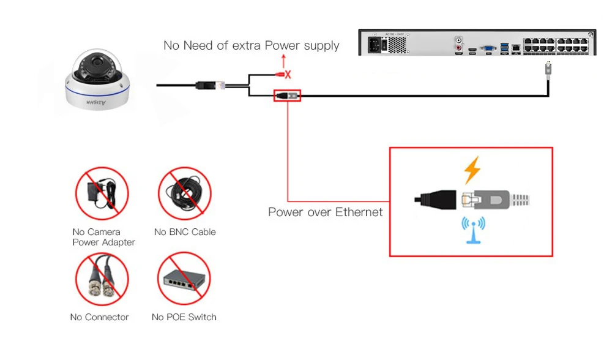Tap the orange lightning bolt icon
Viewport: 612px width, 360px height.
472,170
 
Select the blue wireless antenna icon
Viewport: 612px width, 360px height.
474,230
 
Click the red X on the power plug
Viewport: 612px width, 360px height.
288,74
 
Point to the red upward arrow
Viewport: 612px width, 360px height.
284,62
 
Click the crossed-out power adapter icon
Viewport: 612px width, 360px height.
102,193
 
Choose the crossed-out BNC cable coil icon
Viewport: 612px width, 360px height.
185,193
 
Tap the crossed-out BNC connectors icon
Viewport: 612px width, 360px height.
102,279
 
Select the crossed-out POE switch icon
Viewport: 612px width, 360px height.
184,278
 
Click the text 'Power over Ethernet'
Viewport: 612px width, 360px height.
325,212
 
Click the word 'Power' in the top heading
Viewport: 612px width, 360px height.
282,45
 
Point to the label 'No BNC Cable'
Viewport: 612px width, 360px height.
185,232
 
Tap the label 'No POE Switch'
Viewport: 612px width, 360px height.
184,317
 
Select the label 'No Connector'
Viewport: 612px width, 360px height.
99,317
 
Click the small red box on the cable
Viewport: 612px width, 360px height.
287,96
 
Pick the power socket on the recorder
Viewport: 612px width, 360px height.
374,45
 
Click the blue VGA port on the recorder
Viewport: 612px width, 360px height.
488,48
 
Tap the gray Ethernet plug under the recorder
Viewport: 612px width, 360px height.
548,69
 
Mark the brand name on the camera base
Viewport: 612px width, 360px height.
96,103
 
